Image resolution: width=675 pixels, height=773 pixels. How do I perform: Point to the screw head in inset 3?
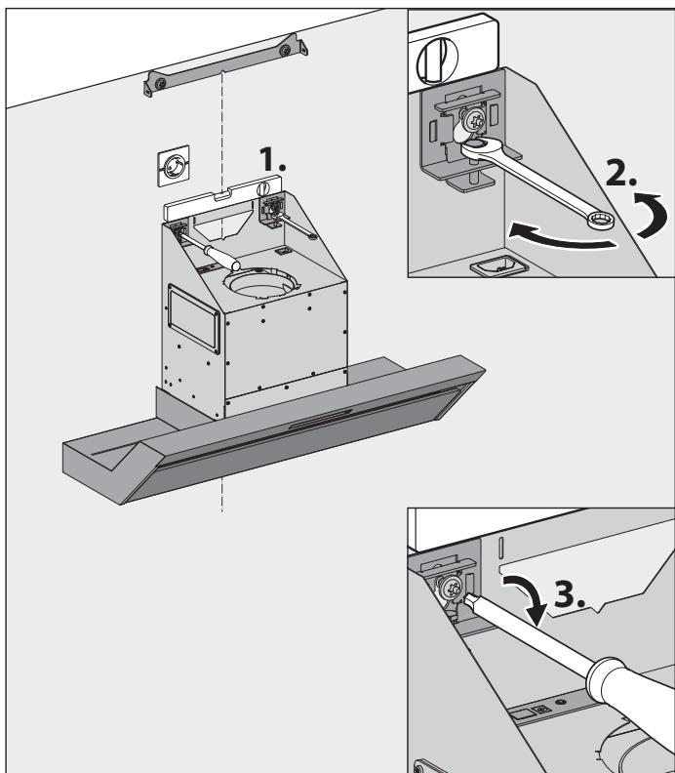click(454, 590)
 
